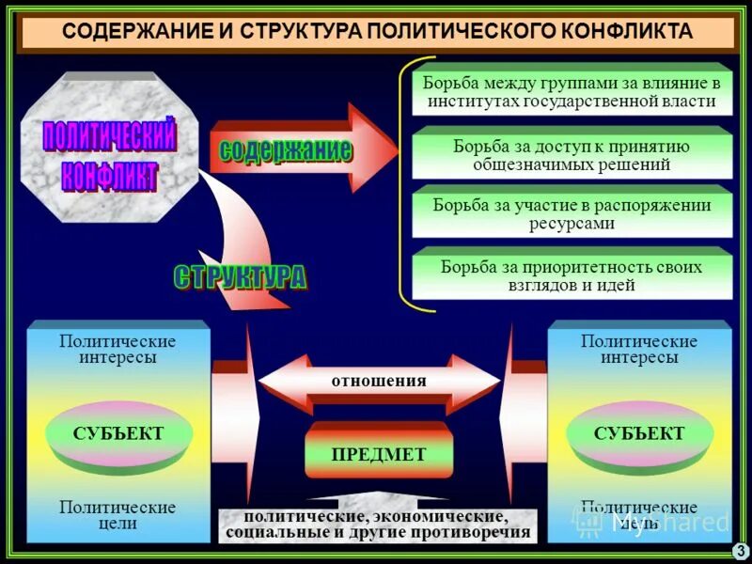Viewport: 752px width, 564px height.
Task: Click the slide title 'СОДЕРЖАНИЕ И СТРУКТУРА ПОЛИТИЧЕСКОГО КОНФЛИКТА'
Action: point(376,32)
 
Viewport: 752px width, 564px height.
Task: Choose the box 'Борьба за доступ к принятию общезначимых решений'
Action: point(571,155)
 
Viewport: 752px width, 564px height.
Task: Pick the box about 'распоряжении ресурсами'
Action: point(571,214)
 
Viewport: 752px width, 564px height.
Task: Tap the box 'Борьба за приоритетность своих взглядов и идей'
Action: point(571,275)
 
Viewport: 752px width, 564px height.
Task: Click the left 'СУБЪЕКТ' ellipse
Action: point(118,434)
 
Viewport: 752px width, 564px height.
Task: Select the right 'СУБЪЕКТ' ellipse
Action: point(639,434)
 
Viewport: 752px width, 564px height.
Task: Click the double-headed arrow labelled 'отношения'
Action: point(378,382)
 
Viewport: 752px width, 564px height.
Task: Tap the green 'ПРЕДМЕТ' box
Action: point(378,454)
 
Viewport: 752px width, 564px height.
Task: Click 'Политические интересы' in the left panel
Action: point(117,349)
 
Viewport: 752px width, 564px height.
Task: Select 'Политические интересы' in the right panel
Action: point(639,349)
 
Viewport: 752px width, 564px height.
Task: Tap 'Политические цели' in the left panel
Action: point(117,515)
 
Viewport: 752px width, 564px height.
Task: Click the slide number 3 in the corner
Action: point(740,551)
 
